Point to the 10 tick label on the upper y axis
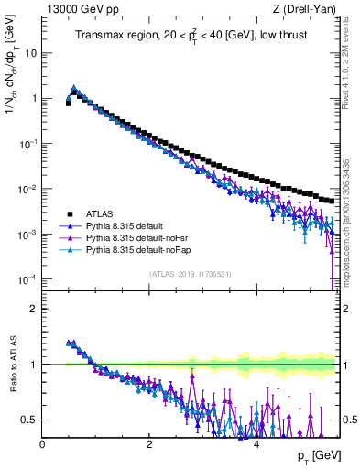[30, 53]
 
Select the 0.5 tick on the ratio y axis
[29, 420]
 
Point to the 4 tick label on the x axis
[256, 445]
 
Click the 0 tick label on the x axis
[43, 445]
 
